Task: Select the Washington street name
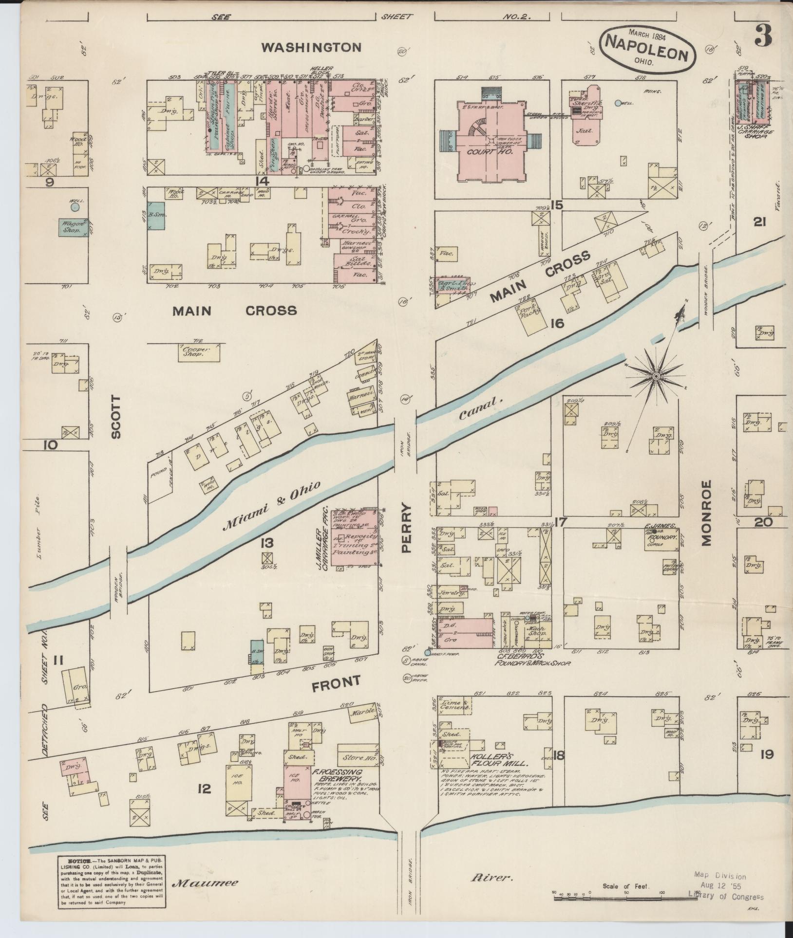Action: point(311,47)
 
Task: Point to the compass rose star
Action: point(656,376)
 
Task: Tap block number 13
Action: point(267,543)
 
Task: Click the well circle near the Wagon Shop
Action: point(75,207)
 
